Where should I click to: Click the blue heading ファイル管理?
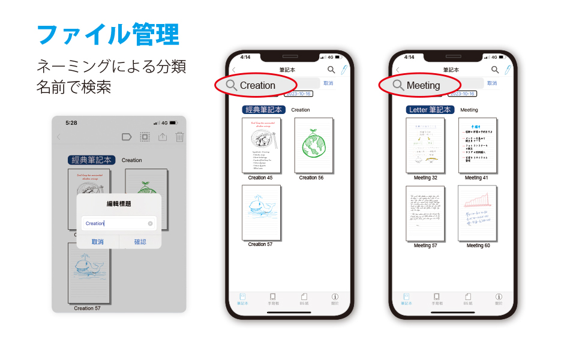[x=108, y=35]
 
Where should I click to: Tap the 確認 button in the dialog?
[x=140, y=242]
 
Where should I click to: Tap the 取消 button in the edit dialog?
[x=97, y=242]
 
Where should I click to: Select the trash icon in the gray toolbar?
[x=179, y=137]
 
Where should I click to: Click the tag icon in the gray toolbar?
[x=127, y=137]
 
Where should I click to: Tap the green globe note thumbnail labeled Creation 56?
[x=314, y=145]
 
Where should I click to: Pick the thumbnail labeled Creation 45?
[x=261, y=145]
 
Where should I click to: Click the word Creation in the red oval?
[x=257, y=85]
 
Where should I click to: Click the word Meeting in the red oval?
[x=423, y=85]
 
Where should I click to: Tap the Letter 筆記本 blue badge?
[x=429, y=110]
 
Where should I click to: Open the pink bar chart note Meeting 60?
[x=478, y=213]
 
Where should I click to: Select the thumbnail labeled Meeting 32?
[x=425, y=145]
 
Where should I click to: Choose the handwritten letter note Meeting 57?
[x=425, y=213]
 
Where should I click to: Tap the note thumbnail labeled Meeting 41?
[x=478, y=145]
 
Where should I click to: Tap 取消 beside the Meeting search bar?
[x=492, y=83]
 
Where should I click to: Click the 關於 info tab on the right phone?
[x=499, y=299]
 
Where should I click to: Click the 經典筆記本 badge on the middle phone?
[x=264, y=110]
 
